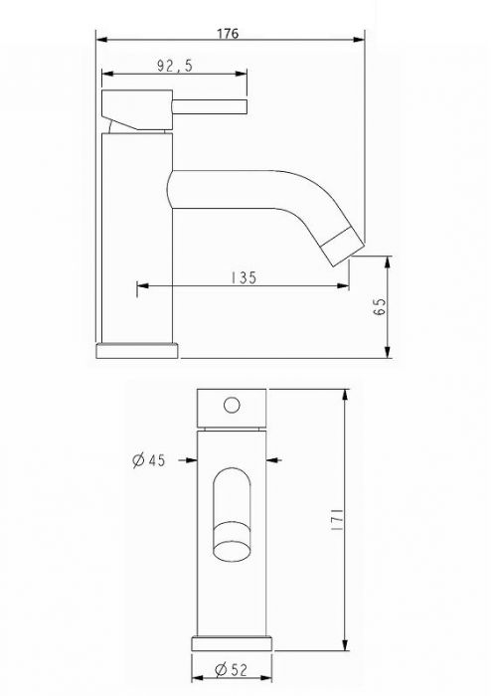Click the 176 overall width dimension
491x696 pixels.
(x=228, y=32)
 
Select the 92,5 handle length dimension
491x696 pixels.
(x=175, y=66)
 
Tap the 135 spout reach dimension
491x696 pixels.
(x=242, y=278)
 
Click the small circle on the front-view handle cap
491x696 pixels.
(x=233, y=405)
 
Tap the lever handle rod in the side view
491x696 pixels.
(x=211, y=106)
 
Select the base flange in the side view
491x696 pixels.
(x=137, y=349)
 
